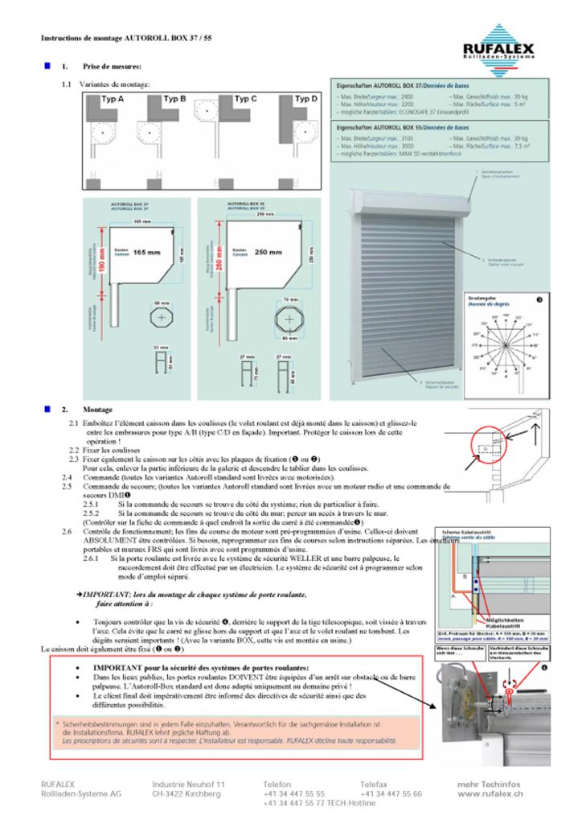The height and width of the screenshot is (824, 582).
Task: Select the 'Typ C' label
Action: [x=244, y=99]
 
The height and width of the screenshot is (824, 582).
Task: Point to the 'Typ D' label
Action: [x=305, y=99]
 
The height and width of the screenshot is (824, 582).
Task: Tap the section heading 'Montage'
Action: [x=99, y=410]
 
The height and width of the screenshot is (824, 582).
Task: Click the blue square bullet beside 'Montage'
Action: [x=47, y=409]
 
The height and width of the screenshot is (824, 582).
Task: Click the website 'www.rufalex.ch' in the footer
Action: [x=490, y=793]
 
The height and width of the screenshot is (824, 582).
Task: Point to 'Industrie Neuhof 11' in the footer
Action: [x=189, y=784]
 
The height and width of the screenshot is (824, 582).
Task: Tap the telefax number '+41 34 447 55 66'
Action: [x=391, y=793]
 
